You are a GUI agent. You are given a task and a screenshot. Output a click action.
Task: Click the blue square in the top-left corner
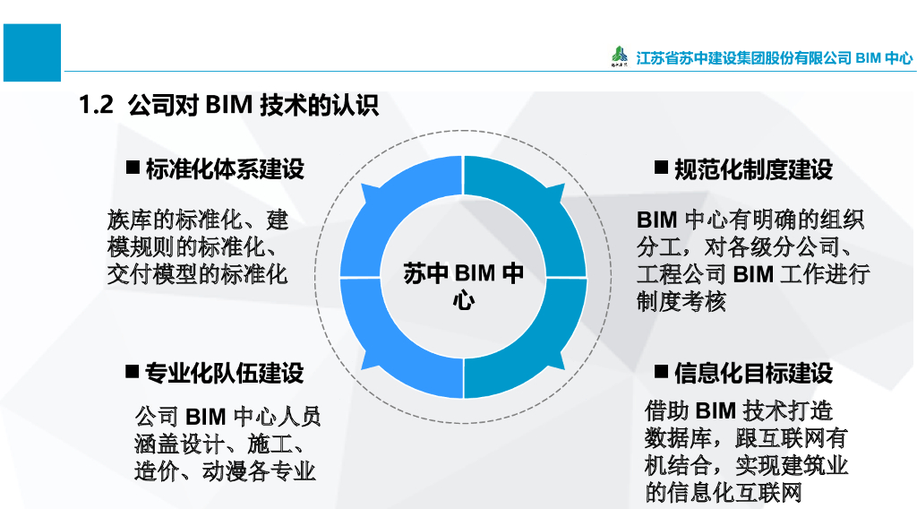[31, 53]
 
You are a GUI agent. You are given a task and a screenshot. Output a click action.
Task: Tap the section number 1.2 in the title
[96, 106]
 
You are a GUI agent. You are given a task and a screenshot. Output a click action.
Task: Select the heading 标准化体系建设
[225, 168]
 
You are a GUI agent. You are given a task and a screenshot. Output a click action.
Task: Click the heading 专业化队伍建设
[225, 373]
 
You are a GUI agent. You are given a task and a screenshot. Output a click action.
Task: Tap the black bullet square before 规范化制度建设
[661, 168]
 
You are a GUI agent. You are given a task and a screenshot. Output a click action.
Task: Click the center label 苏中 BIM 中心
[463, 286]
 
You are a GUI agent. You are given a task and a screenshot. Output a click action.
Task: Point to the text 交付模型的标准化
[197, 273]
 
